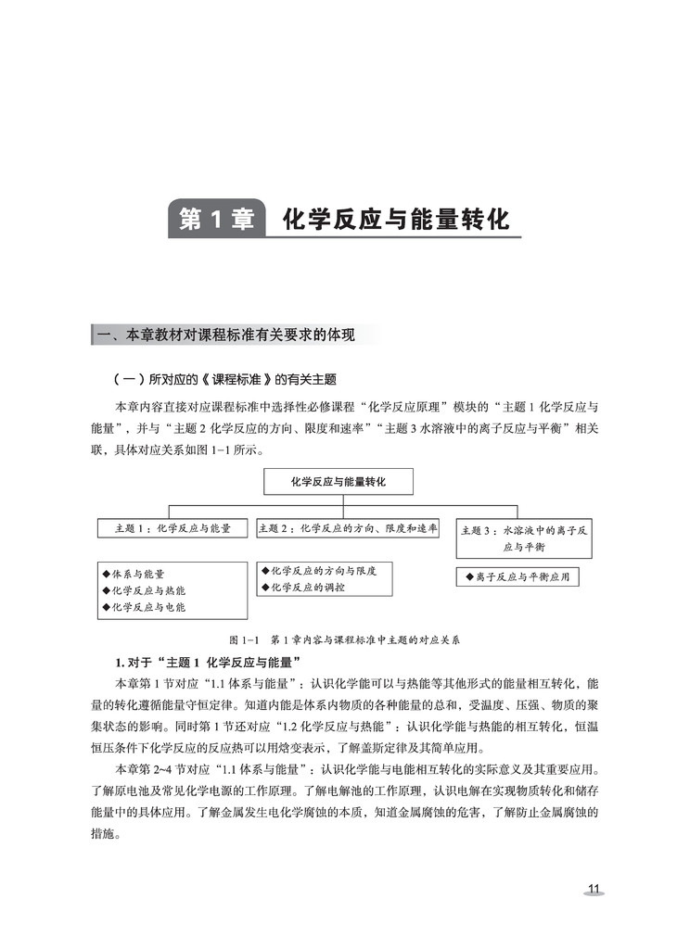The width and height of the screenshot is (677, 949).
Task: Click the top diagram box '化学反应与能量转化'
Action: tap(338, 482)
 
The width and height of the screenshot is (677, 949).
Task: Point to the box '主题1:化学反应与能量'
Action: tap(173, 528)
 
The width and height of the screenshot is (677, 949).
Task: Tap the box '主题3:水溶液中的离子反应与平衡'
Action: tap(523, 538)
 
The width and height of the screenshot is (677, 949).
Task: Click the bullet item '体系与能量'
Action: tap(138, 574)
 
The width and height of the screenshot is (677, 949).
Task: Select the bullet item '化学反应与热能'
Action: tap(147, 590)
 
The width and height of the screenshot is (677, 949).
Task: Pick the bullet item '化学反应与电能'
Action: tap(147, 607)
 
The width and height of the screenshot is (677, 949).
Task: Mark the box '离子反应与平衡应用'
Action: tap(517, 576)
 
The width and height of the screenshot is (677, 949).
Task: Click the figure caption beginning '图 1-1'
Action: tap(343, 639)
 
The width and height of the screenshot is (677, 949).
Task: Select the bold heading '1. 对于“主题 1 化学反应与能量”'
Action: tap(205, 662)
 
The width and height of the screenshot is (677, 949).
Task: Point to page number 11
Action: tap(594, 890)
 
